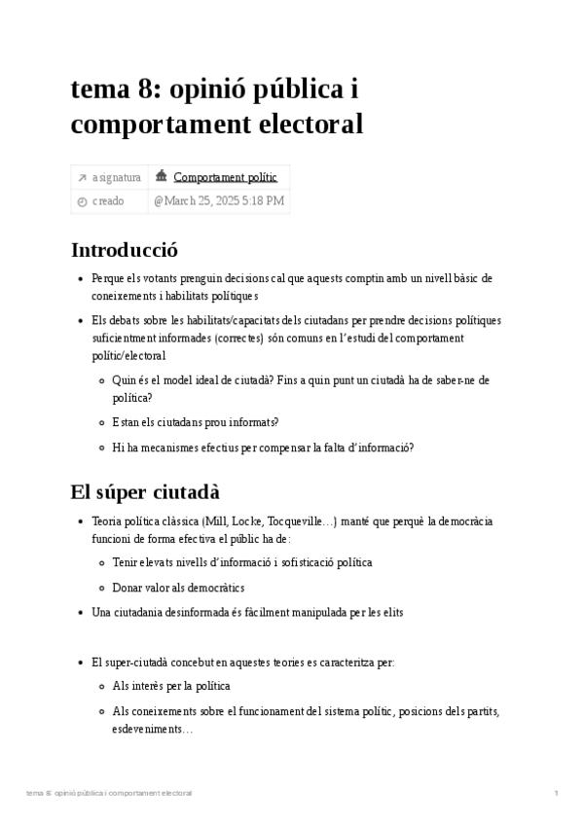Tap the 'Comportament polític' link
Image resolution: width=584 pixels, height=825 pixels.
(x=225, y=177)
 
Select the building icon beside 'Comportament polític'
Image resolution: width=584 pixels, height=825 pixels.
(x=161, y=176)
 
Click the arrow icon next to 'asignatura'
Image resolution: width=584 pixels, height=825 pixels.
(x=82, y=177)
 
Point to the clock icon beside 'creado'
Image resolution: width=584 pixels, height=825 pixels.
(x=82, y=201)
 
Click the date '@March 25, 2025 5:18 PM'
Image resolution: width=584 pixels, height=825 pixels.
(x=218, y=201)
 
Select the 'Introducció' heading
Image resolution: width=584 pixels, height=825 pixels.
(x=125, y=250)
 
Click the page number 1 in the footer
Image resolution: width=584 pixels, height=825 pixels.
(x=556, y=794)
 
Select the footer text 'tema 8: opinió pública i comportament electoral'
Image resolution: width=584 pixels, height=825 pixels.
(x=109, y=794)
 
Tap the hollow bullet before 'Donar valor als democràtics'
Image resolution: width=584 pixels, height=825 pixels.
(x=102, y=588)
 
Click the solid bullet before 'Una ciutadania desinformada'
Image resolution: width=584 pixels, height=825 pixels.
(x=81, y=613)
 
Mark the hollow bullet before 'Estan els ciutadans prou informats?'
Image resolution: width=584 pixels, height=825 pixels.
(x=102, y=422)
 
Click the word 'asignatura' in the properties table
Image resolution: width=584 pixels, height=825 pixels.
(x=117, y=177)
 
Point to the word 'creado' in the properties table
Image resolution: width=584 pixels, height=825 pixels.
(x=108, y=201)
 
